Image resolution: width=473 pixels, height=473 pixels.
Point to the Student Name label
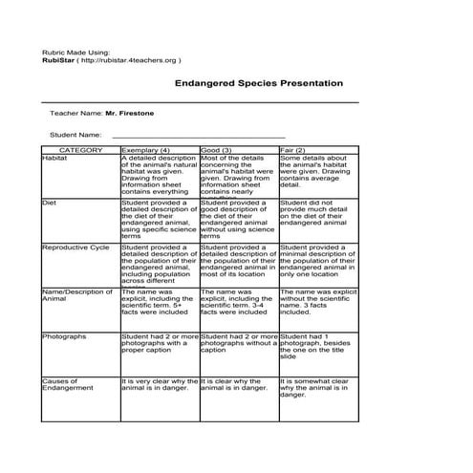click(75, 135)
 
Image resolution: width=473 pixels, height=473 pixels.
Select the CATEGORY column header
click(80, 150)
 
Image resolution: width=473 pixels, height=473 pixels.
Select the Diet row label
click(50, 203)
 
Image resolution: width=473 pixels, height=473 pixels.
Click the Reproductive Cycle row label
click(76, 247)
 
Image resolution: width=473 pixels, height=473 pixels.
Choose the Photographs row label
click(64, 336)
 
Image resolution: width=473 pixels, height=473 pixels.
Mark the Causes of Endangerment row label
click(68, 384)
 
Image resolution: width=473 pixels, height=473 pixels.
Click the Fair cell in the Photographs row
click(317, 346)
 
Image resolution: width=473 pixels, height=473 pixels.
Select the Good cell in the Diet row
click(238, 219)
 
